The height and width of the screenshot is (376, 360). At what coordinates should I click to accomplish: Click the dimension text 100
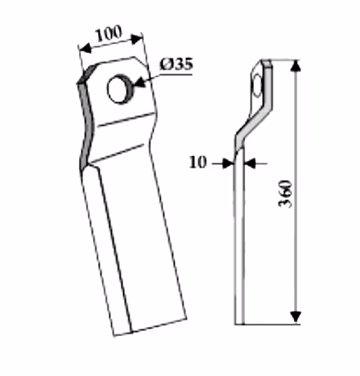pyautogui.click(x=109, y=34)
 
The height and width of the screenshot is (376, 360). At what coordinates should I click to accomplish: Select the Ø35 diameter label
pyautogui.click(x=176, y=65)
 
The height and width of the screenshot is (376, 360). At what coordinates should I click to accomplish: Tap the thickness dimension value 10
pyautogui.click(x=198, y=162)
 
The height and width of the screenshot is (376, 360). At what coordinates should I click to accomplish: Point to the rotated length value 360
pyautogui.click(x=286, y=194)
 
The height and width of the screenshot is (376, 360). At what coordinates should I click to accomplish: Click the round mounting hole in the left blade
pyautogui.click(x=119, y=89)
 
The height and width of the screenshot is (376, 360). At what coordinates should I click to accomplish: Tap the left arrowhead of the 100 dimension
pyautogui.click(x=84, y=49)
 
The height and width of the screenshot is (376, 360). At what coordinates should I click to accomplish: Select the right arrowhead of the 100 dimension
pyautogui.click(x=136, y=39)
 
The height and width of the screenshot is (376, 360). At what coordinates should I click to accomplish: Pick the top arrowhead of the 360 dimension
pyautogui.click(x=296, y=66)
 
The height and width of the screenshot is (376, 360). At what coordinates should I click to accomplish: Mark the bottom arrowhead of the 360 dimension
pyautogui.click(x=296, y=317)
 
